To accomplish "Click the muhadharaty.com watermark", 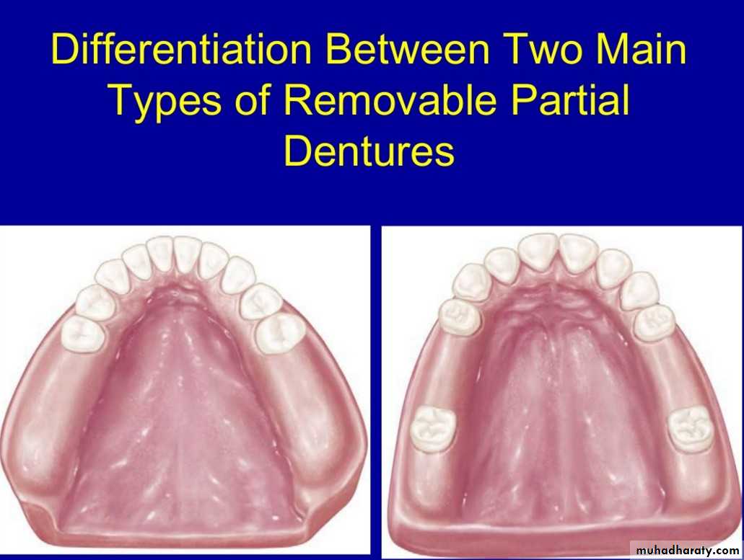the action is click(x=687, y=550).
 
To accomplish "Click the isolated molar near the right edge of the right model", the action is click(x=691, y=430).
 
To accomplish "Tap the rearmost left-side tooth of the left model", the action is click(x=82, y=333).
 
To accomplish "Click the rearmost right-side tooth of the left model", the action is click(x=281, y=334).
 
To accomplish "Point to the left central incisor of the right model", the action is click(x=538, y=254).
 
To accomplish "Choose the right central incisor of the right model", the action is click(x=578, y=254).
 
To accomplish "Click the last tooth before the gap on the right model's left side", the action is click(x=459, y=316).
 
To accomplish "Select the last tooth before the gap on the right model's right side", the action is click(x=655, y=323).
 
